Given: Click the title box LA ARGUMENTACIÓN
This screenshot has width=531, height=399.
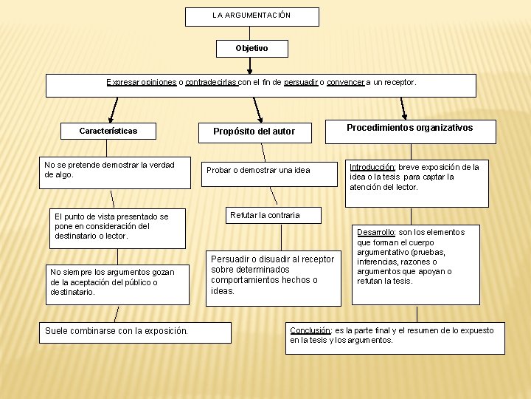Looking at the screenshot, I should [251, 16].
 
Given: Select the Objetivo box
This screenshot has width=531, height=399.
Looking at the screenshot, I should [251, 48].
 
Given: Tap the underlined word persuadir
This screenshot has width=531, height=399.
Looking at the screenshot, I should [301, 83].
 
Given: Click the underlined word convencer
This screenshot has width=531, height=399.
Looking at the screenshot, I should [346, 83].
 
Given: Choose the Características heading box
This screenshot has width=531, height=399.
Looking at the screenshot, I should [108, 132].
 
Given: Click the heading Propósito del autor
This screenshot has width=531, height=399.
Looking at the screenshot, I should [254, 132].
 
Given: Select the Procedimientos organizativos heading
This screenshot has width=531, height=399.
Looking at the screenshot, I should [410, 128].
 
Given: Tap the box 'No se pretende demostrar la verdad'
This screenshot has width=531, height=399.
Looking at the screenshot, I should [110, 170].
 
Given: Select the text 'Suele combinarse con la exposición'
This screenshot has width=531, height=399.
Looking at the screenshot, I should [117, 330].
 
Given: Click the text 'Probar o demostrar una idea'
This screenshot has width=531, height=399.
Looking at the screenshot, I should [258, 171].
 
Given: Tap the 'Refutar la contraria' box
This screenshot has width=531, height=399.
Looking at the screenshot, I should [265, 216].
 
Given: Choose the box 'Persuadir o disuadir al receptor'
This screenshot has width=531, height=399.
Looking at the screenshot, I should [273, 275].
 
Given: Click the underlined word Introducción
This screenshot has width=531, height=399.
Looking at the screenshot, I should [372, 168].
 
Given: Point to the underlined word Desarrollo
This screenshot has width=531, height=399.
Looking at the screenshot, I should [376, 233].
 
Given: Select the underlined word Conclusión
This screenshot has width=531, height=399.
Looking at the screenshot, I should [310, 330].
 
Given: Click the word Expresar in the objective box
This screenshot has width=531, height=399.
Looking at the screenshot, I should [122, 83].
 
